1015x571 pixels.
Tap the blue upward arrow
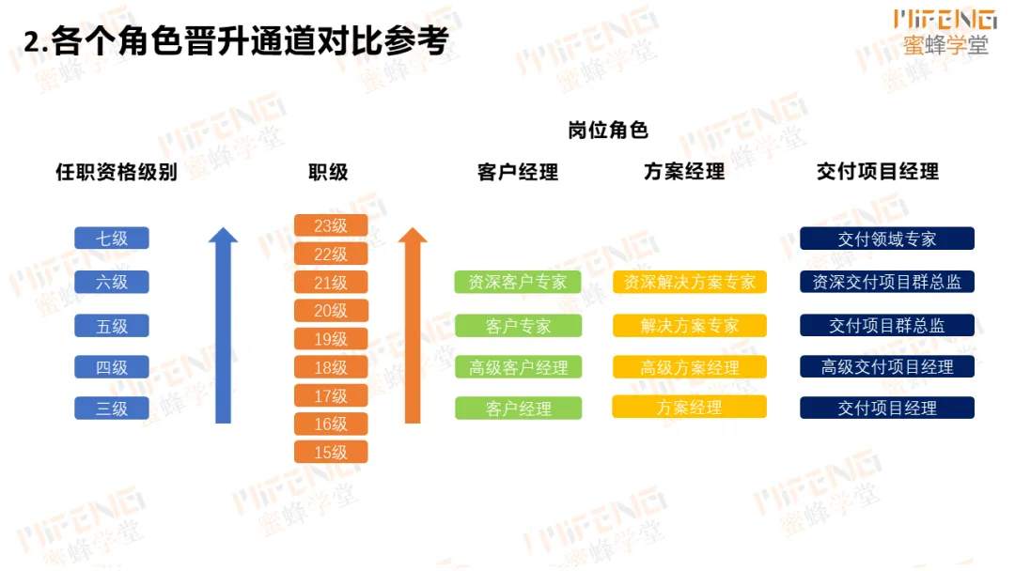223,329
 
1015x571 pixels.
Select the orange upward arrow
412,329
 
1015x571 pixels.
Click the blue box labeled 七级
112,239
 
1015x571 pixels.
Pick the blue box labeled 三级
112,409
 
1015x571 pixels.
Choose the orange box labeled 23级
331,225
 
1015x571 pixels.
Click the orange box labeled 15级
331,453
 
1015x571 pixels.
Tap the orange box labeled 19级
331,339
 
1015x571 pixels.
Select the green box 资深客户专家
518,282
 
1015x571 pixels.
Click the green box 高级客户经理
518,367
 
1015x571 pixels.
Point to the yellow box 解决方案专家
690,326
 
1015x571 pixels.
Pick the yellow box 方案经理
690,408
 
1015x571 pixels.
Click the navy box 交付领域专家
887,239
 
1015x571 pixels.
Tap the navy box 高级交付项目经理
887,367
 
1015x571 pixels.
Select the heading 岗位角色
608,130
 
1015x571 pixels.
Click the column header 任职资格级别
117,172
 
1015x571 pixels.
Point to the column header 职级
328,172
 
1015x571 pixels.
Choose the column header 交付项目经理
878,171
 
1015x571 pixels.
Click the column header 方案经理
684,171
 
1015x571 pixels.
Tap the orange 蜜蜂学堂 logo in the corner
945,32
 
